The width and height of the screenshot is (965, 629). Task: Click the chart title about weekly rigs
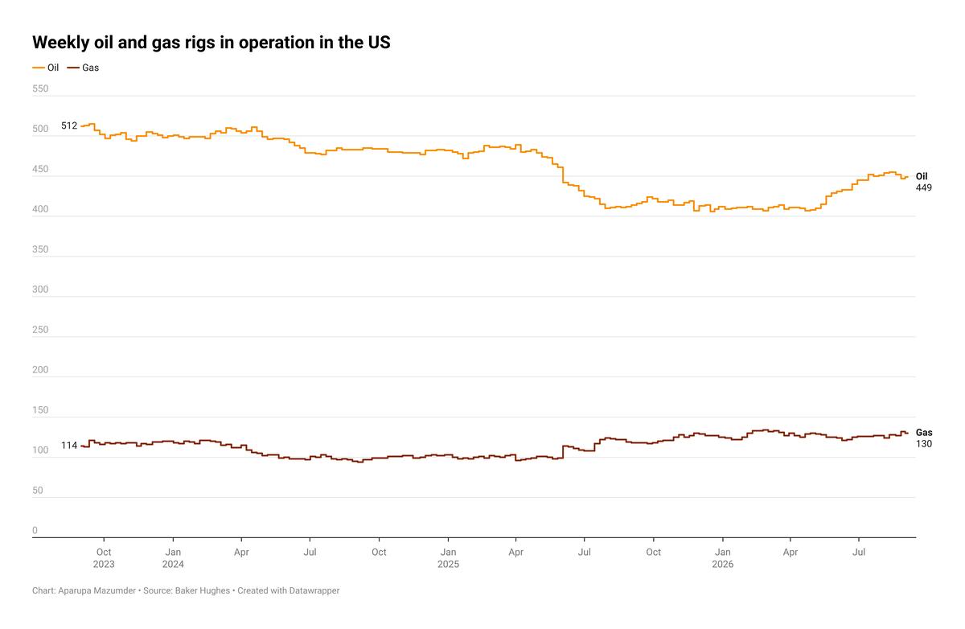click(x=211, y=42)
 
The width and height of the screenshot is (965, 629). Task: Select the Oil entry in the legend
click(x=46, y=68)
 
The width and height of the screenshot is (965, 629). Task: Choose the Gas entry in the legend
click(x=83, y=68)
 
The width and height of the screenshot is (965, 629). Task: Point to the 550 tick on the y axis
click(x=40, y=88)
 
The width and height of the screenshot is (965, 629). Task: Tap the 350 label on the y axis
click(x=40, y=249)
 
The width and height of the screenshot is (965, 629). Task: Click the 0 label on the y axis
click(x=35, y=530)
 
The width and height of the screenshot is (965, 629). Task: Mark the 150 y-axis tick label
click(x=40, y=410)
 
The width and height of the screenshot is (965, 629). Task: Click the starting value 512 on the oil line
click(x=69, y=125)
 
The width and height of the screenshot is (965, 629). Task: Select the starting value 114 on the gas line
click(x=69, y=446)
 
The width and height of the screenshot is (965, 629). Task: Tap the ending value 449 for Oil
click(x=924, y=188)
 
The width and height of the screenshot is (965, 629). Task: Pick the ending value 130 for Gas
click(x=924, y=444)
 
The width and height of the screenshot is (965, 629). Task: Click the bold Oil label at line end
click(x=922, y=176)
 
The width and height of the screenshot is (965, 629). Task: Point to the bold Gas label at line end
click(x=924, y=433)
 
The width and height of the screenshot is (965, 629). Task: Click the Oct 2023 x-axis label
click(x=104, y=558)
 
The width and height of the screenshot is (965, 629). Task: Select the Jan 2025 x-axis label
click(x=448, y=558)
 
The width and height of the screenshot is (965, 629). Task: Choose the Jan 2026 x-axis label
click(x=722, y=558)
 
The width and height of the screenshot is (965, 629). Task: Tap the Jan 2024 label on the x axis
click(x=173, y=558)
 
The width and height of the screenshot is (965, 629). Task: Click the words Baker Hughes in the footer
click(x=203, y=590)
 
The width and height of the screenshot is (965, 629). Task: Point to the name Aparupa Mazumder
click(x=97, y=590)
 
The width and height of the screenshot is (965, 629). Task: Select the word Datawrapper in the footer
click(x=314, y=590)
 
